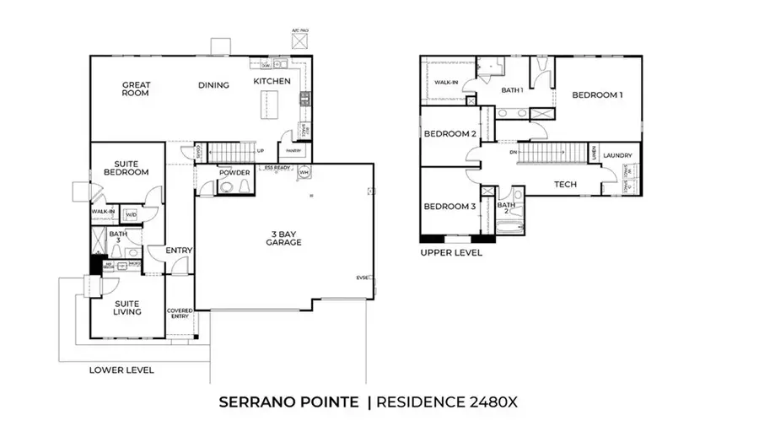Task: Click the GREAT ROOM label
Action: pos(135,89)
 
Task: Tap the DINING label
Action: pos(213,85)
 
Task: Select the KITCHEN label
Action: pos(272,81)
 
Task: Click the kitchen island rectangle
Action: pos(271,107)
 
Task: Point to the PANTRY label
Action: pos(293,152)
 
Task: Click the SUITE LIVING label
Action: pos(126,307)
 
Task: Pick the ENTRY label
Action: pos(180,251)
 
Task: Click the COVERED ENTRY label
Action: pos(180,314)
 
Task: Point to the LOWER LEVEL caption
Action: pos(121,369)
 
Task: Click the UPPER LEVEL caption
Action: pos(451,252)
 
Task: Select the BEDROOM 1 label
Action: pos(597,95)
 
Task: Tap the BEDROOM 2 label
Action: pos(449,134)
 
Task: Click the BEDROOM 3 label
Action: pos(449,207)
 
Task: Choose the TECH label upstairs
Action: pos(564,184)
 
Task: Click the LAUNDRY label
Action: pos(617,155)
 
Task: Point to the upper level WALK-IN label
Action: pos(445,83)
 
